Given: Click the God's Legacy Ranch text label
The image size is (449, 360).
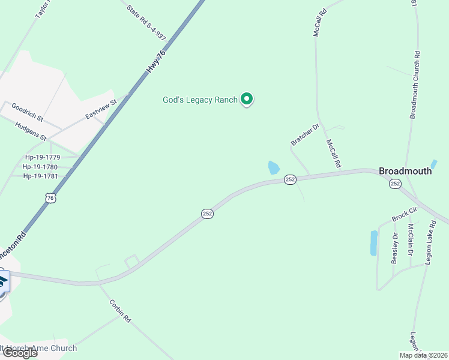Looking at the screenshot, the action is click(200, 100).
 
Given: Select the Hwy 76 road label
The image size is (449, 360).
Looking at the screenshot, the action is click(156, 62).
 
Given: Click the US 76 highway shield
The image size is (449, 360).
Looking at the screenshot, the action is click(50, 197).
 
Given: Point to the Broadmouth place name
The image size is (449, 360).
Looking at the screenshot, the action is click(405, 171).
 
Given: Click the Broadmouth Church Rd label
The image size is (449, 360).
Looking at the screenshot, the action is click(415, 85).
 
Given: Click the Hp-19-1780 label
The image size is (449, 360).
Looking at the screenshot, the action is click(40, 167).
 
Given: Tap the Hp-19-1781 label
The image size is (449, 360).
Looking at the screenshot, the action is click(40, 176).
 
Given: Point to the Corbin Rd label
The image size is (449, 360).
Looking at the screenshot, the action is click(120, 311).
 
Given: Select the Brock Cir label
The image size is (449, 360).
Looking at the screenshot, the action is click(404, 214).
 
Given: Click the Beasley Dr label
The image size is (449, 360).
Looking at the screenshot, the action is click(395, 248).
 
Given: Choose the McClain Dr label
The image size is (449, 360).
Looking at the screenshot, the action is click(411, 240).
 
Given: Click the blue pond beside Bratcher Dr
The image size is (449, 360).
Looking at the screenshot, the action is click(274, 167).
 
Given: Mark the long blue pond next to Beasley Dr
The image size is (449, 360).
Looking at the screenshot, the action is click(374, 243).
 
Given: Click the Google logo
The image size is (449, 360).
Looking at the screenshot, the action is click(19, 353).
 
